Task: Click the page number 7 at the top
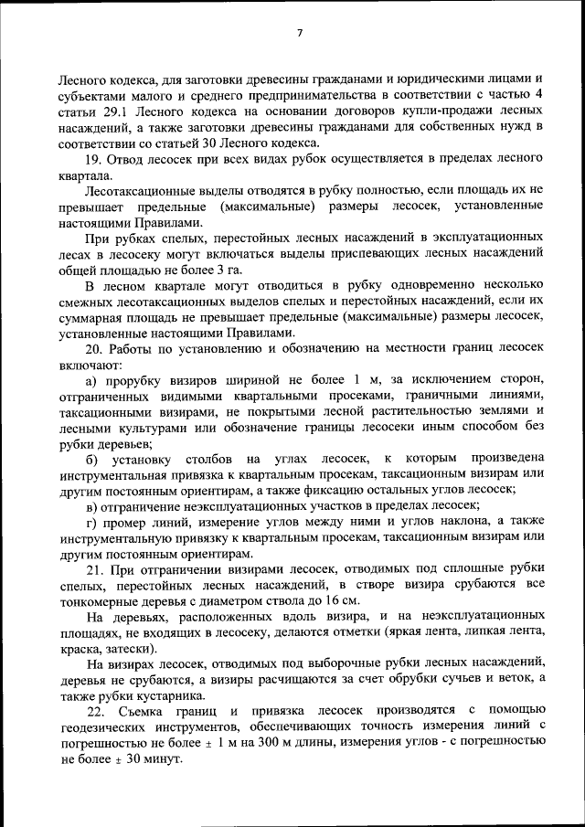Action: (x=299, y=34)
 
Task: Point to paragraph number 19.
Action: (x=95, y=161)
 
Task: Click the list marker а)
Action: (x=92, y=379)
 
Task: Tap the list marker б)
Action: (x=92, y=457)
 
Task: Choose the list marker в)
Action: (x=92, y=505)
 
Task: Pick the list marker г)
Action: (x=91, y=522)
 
